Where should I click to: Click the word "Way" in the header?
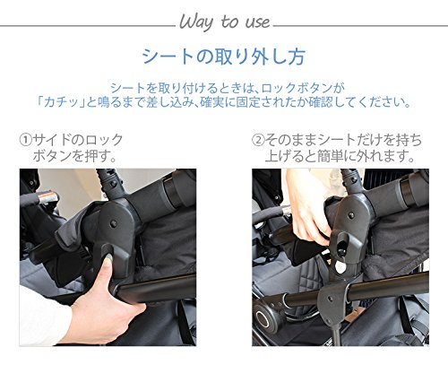click(x=196, y=22)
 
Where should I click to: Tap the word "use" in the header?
click(x=258, y=22)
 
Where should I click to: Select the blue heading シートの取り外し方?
click(x=224, y=56)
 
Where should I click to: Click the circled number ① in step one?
click(x=26, y=140)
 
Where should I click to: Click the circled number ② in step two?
click(x=258, y=140)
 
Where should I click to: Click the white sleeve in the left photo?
click(x=42, y=317)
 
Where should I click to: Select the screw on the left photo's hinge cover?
click(x=113, y=223)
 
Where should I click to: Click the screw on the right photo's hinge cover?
click(x=351, y=215)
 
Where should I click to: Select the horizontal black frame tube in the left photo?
click(x=155, y=288)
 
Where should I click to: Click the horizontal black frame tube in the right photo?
click(x=388, y=286)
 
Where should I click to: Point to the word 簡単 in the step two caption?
click(x=330, y=156)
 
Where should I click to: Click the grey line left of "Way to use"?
click(x=88, y=26)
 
